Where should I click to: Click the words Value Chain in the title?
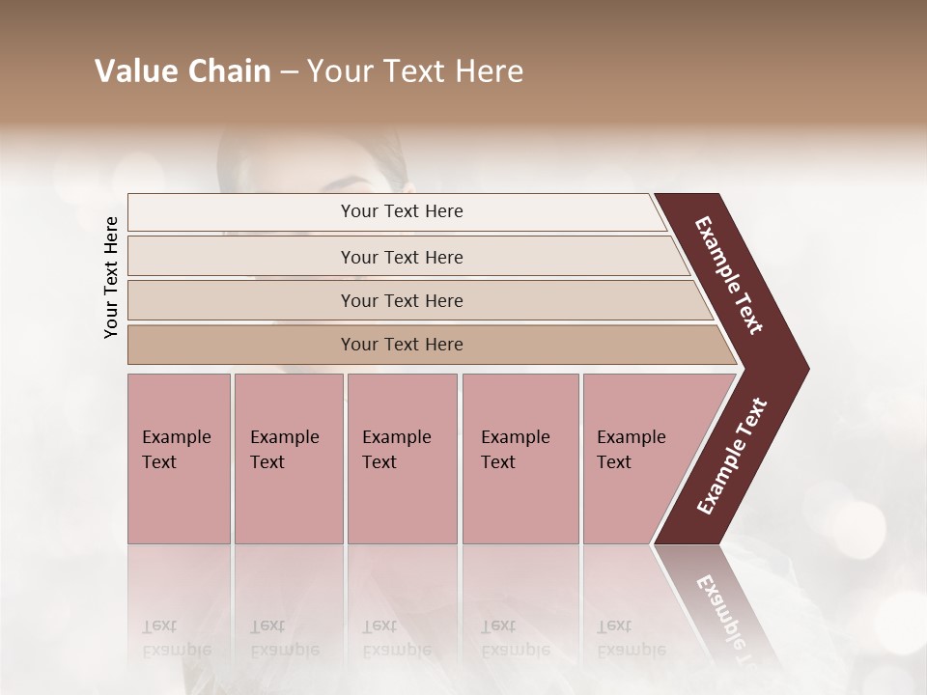coord(183,71)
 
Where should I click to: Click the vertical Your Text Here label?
coord(111,277)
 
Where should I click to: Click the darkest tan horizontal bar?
coord(241,345)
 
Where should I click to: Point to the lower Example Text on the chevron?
coord(732,456)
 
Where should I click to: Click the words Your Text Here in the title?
coord(415,71)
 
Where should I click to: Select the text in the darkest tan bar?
coord(402,345)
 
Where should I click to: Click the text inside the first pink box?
coord(176,450)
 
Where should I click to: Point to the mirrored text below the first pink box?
coord(176,638)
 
